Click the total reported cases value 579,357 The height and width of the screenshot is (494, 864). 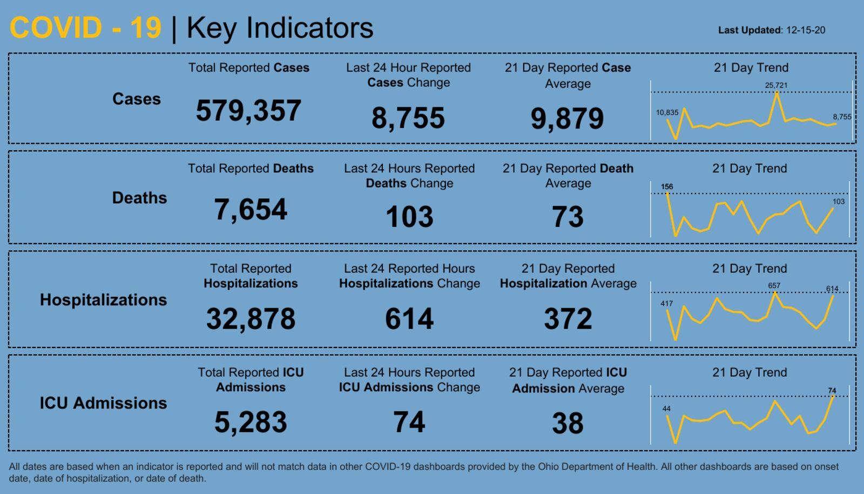[x=248, y=111]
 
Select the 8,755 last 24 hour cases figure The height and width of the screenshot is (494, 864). [x=408, y=118]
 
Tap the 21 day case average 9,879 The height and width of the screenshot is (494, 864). [x=567, y=118]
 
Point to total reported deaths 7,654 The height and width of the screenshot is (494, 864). [x=251, y=209]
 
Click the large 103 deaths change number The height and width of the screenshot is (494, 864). [x=409, y=217]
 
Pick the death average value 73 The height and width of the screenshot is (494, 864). [x=568, y=217]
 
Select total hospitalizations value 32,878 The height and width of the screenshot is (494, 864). [x=251, y=318]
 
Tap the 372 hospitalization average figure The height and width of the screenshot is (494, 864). [x=568, y=318]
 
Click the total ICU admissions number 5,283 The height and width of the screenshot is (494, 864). [x=251, y=422]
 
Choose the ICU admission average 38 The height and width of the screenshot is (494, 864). [x=568, y=423]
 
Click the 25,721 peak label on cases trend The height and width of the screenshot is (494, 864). [x=776, y=85]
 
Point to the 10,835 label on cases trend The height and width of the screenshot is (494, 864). [x=667, y=113]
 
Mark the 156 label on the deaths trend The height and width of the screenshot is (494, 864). [x=667, y=187]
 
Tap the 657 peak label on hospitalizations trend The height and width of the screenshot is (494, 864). [x=774, y=286]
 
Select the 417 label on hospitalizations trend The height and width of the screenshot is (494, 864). [x=666, y=304]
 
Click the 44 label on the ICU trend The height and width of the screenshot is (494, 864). [x=666, y=409]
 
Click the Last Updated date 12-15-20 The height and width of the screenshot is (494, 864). [x=805, y=30]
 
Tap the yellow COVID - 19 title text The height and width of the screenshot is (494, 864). [x=85, y=28]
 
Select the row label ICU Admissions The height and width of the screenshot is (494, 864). [x=103, y=403]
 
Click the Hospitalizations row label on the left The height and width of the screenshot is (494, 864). [x=103, y=300]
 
